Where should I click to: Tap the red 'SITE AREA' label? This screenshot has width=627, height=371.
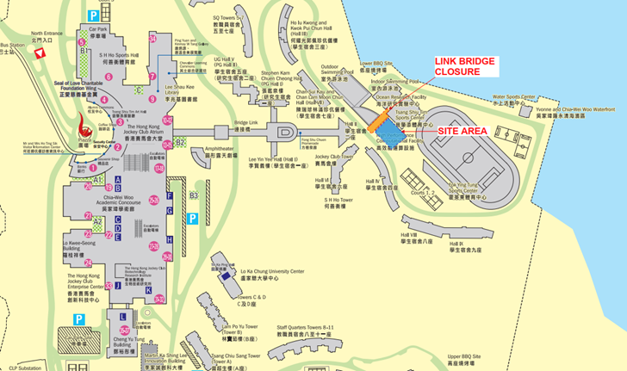[x=463, y=130]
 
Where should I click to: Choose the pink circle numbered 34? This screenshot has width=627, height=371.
[x=152, y=39]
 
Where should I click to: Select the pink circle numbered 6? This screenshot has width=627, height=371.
[x=104, y=99]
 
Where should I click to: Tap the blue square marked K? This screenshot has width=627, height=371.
[x=148, y=289]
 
